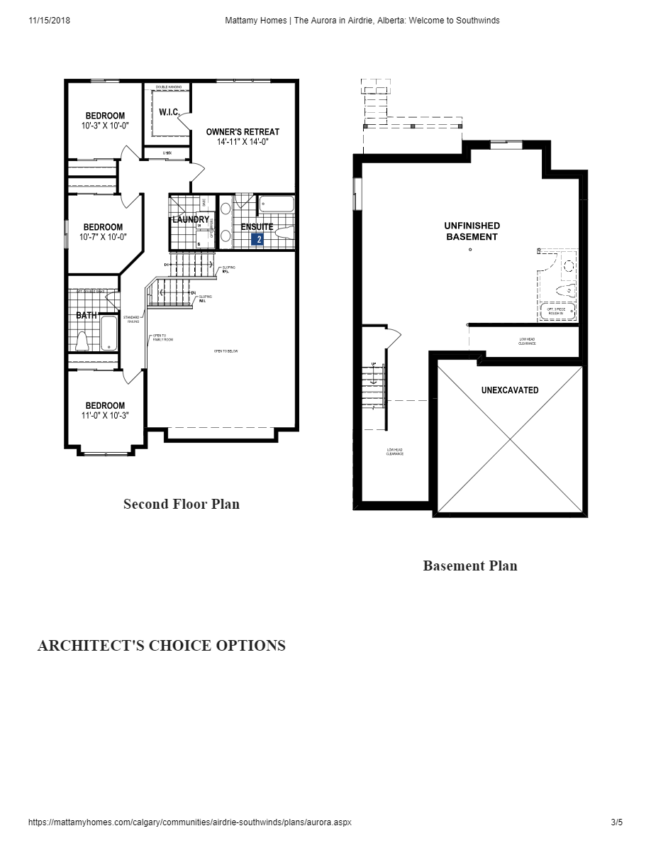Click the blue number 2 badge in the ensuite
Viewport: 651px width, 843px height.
pos(259,240)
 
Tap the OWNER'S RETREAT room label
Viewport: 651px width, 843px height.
pos(243,132)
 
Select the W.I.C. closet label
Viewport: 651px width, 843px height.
pos(168,112)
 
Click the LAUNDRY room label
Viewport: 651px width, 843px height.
pos(191,220)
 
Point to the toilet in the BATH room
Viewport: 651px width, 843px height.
pos(82,341)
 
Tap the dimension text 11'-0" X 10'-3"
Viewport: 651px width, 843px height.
pos(105,416)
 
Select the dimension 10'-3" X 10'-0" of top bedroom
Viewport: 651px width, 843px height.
pos(105,126)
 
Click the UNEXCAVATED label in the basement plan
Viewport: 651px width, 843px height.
pos(509,390)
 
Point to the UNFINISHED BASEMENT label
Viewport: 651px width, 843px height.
pos(472,231)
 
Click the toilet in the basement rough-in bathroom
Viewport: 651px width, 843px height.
pos(565,292)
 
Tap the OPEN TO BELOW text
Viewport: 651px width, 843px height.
pos(226,351)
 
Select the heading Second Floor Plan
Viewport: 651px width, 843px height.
pos(182,504)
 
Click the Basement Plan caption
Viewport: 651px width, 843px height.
pos(470,566)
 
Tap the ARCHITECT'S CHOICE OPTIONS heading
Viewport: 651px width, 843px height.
pos(161,645)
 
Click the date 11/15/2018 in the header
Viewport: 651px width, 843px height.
pos(50,21)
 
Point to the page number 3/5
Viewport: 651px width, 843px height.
pos(616,822)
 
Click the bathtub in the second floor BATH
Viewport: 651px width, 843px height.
pos(109,334)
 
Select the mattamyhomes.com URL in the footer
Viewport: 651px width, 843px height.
pos(189,822)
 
